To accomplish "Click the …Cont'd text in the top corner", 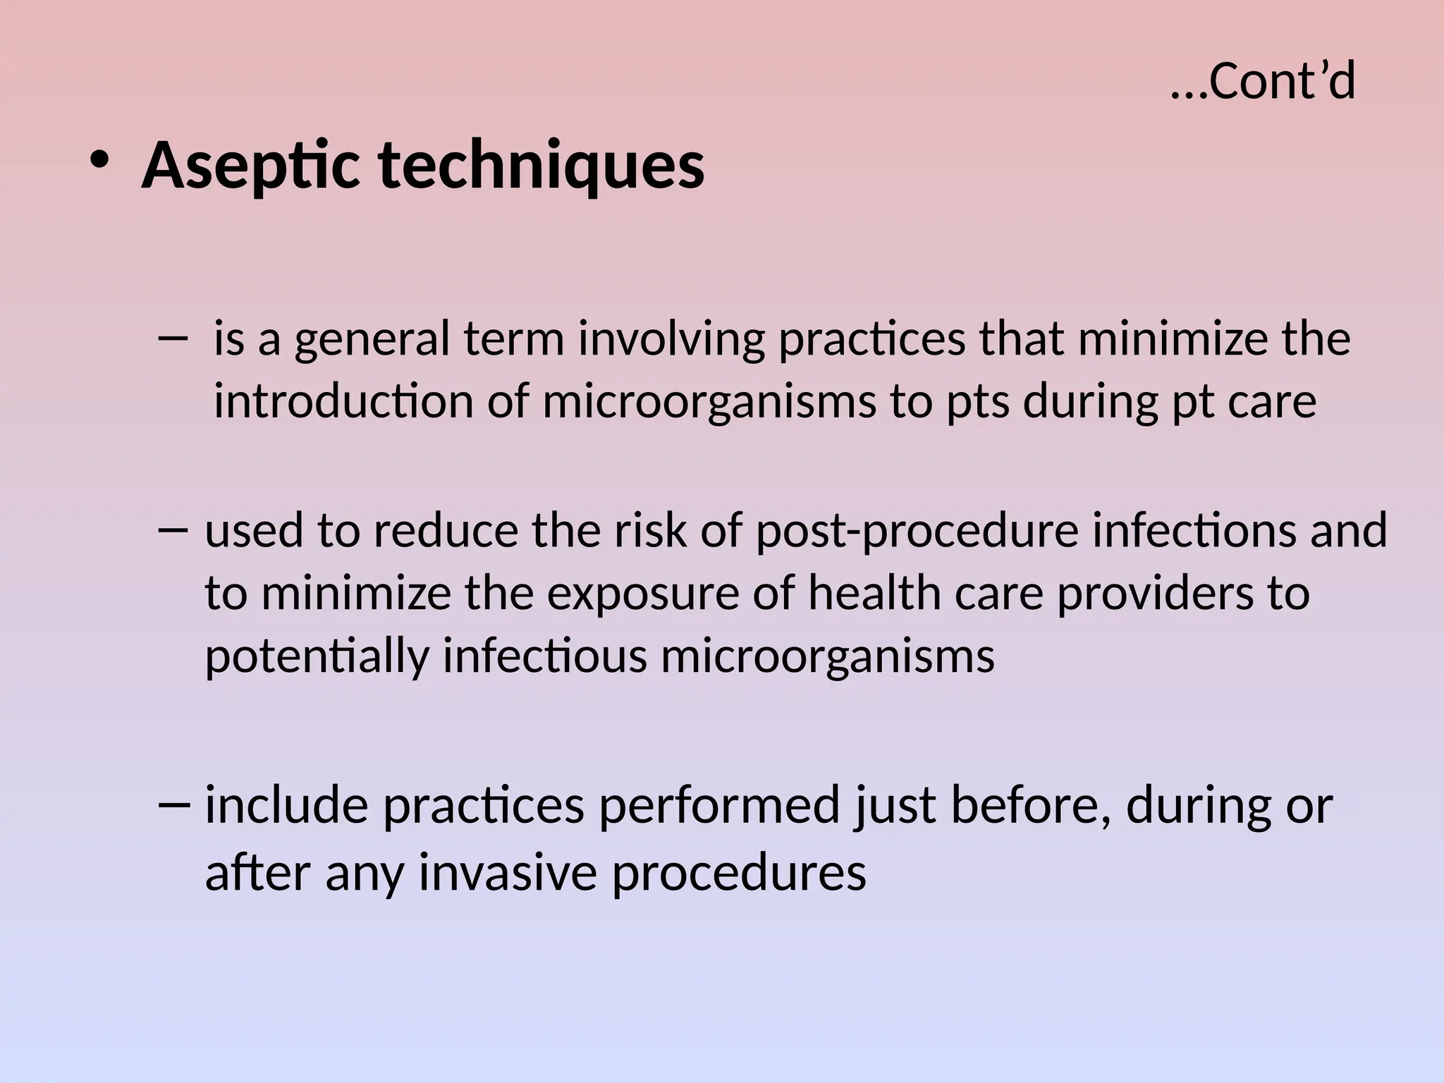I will pos(1262,82).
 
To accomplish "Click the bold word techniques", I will pos(541,166).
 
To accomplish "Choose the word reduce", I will pos(445,530).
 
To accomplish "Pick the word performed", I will pos(719,806).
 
